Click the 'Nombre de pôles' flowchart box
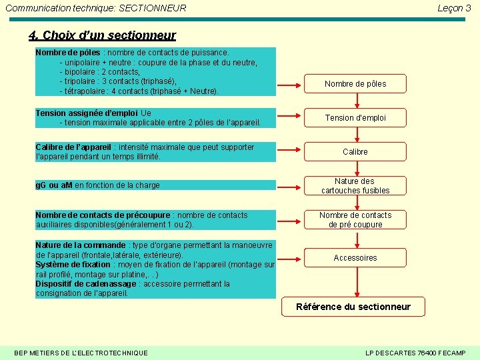[355, 84]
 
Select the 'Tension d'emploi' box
[355, 118]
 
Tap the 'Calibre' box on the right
[355, 152]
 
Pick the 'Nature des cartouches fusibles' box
[355, 185]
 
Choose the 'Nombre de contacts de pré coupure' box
[355, 219]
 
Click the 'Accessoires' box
[355, 257]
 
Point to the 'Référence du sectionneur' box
[353, 307]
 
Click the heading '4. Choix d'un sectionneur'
[103, 35]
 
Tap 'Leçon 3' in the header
[454, 8]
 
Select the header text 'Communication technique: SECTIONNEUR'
[95, 8]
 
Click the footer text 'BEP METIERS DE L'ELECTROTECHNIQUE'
[81, 352]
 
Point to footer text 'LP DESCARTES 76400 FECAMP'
[415, 352]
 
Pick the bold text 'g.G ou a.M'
[54, 185]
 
